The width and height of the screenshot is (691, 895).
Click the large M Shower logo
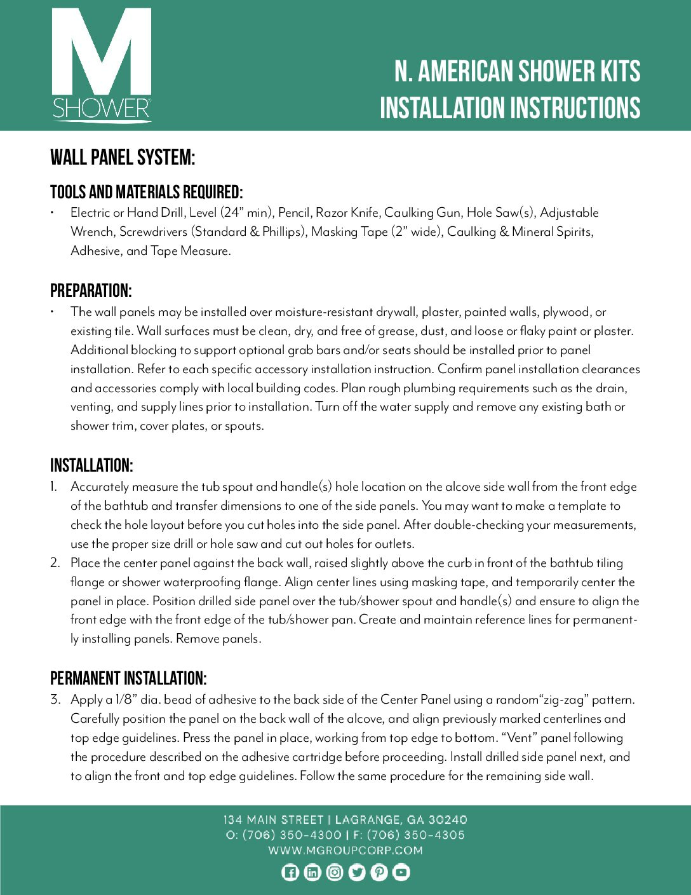[102, 64]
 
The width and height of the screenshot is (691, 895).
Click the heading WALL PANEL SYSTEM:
[123, 157]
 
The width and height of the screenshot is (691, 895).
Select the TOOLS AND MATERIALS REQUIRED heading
[146, 192]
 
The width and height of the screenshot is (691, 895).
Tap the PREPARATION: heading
[91, 291]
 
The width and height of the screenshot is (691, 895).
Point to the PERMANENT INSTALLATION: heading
[128, 678]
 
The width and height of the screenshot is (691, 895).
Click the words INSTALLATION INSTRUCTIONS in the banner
[510, 108]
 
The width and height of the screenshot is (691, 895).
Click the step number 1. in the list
[54, 487]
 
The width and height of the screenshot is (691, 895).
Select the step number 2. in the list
[55, 563]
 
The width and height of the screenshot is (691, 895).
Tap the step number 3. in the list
[55, 700]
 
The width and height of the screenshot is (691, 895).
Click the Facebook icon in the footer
[290, 873]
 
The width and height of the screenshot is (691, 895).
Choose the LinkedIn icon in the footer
[312, 873]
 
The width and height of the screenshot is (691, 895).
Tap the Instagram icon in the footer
[335, 873]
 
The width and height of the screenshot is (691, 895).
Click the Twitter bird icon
[357, 873]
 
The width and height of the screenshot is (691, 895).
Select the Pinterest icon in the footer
[379, 873]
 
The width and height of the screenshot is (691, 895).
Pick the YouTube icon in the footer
[401, 873]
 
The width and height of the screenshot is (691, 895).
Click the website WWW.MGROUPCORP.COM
[345, 851]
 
